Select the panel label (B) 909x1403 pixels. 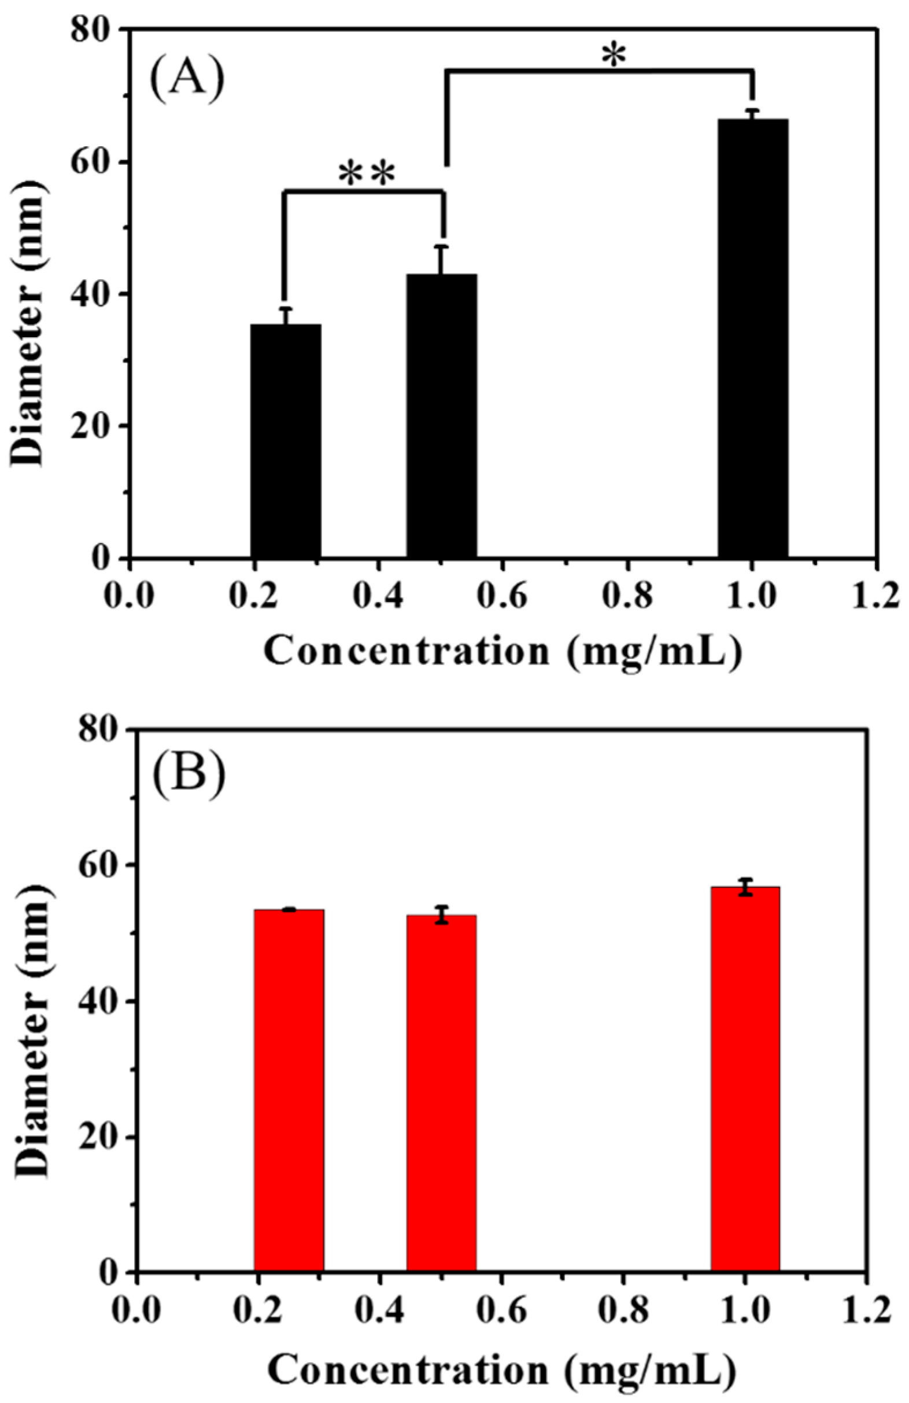[x=189, y=769]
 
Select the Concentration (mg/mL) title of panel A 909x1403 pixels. [x=501, y=651]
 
